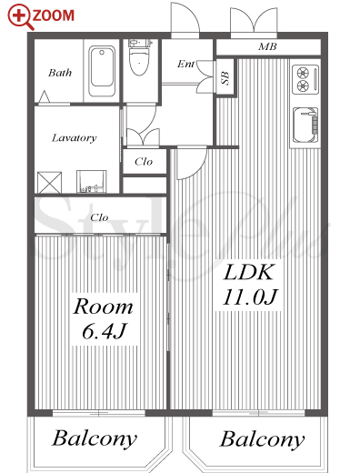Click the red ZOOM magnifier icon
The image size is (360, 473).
19,16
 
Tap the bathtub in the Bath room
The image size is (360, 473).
102,71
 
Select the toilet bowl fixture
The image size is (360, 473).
139,57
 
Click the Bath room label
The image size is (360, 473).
60,73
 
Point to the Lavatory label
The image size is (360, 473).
75,138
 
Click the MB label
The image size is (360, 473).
267,46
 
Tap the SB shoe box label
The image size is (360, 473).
225,78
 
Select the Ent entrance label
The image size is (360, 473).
185,64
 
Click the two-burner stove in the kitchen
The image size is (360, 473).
305,79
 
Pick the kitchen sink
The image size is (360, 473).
305,126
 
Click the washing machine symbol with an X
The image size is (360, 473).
49,183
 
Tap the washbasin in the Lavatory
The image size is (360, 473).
91,181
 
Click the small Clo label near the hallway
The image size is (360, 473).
144,162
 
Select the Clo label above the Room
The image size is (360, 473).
99,217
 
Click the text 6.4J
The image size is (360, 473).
104,331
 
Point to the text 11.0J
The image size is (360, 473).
250,297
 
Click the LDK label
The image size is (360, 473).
249,272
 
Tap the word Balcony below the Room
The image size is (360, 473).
95,439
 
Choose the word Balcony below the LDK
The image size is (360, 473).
262,440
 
